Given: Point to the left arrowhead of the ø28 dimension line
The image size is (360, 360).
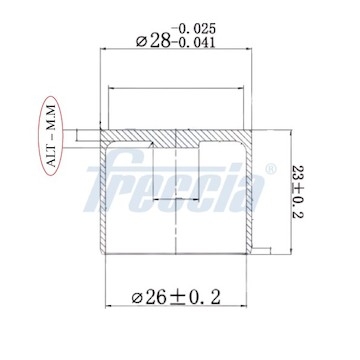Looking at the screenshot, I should tap(104, 50).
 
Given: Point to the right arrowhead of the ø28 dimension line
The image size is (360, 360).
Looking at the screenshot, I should tap(255, 50).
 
